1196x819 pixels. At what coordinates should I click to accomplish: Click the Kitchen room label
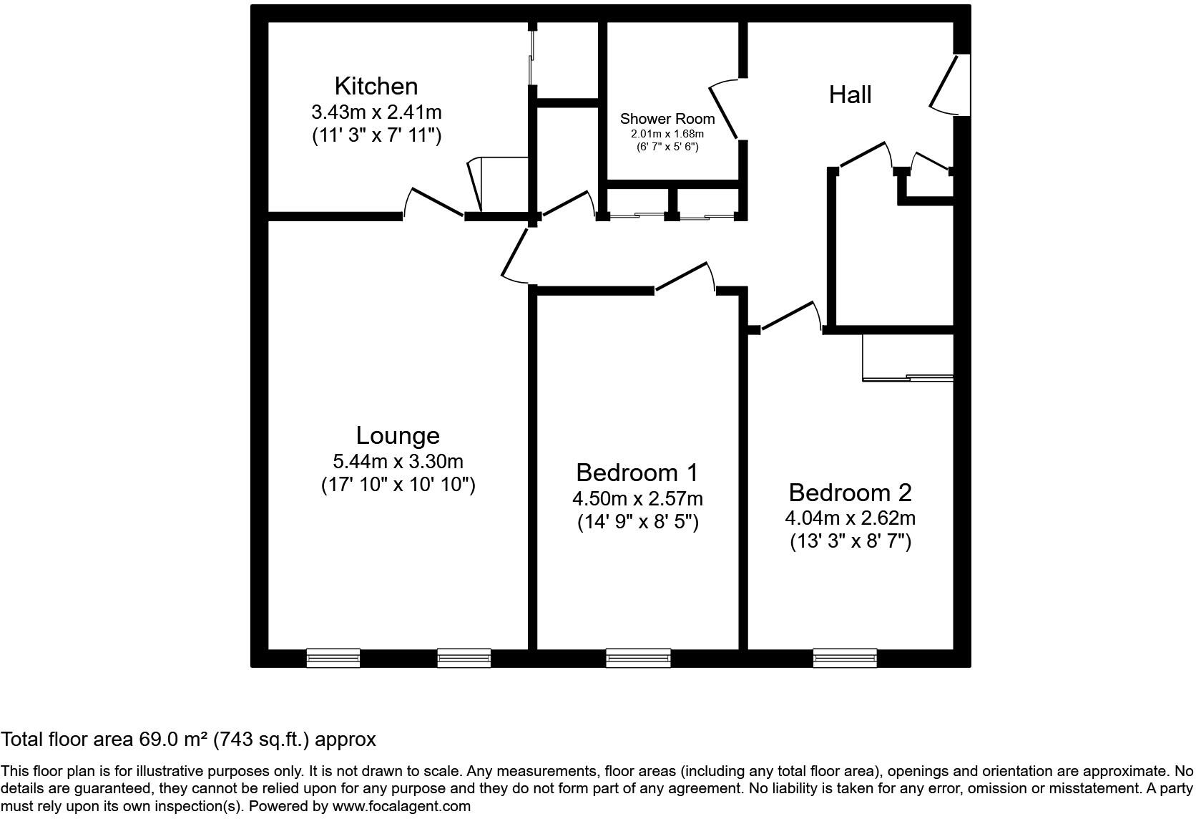pyautogui.click(x=376, y=86)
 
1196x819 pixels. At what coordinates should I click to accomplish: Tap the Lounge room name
pyautogui.click(x=398, y=435)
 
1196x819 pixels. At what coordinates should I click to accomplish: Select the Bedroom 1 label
pyautogui.click(x=637, y=472)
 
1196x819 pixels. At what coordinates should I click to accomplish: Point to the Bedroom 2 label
pyautogui.click(x=850, y=493)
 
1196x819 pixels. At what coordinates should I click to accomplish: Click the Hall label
pyautogui.click(x=850, y=94)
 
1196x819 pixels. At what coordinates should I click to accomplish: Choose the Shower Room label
pyautogui.click(x=667, y=119)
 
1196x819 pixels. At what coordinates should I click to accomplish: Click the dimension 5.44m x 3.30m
pyautogui.click(x=398, y=461)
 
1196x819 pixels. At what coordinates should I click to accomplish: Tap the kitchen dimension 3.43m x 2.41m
pyautogui.click(x=376, y=112)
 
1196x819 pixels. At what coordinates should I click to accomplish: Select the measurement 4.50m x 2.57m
pyautogui.click(x=637, y=498)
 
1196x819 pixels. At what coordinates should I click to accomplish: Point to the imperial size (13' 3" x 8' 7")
pyautogui.click(x=850, y=541)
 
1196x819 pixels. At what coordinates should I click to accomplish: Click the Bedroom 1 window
pyautogui.click(x=638, y=657)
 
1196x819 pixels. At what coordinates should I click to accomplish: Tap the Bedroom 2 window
pyautogui.click(x=845, y=657)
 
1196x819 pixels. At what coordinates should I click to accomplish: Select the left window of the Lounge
pyautogui.click(x=333, y=657)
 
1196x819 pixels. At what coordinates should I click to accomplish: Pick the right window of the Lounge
pyautogui.click(x=464, y=657)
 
